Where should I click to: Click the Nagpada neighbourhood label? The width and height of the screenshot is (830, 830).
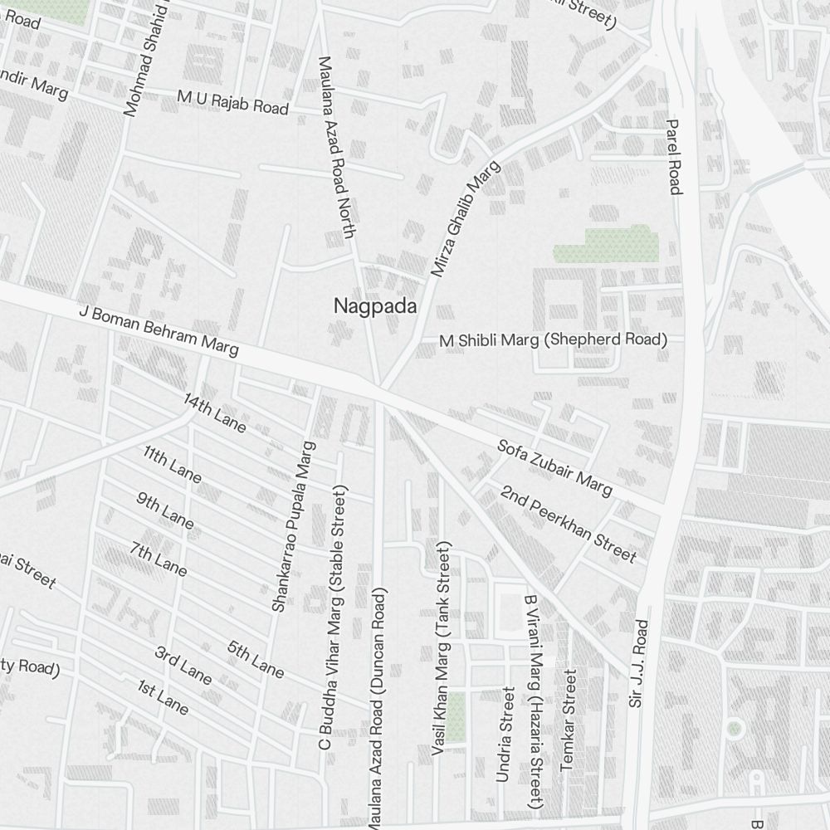374,306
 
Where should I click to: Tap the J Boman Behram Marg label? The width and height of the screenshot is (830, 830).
159,330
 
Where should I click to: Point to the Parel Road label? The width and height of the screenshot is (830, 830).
673,156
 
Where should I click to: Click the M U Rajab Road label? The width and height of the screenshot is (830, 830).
232,102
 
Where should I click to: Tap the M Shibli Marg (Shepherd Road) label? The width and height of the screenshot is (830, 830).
554,340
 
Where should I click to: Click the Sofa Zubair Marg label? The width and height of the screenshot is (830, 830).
554,468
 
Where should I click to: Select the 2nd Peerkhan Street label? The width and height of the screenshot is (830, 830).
568,524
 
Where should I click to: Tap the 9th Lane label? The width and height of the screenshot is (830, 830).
165,510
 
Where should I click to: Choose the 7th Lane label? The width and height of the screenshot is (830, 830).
159,559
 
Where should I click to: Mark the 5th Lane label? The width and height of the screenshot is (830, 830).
256,658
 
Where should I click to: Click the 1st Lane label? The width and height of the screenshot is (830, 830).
164,697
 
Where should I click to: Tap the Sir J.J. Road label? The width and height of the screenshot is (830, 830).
637,662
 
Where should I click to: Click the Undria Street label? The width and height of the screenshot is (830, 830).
504,735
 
